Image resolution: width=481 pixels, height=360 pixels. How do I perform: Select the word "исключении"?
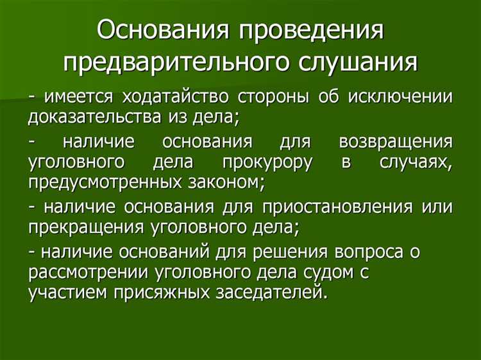(401, 97)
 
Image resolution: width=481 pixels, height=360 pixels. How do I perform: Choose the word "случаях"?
(416, 162)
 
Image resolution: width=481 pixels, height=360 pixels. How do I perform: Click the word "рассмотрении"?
(89, 272)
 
